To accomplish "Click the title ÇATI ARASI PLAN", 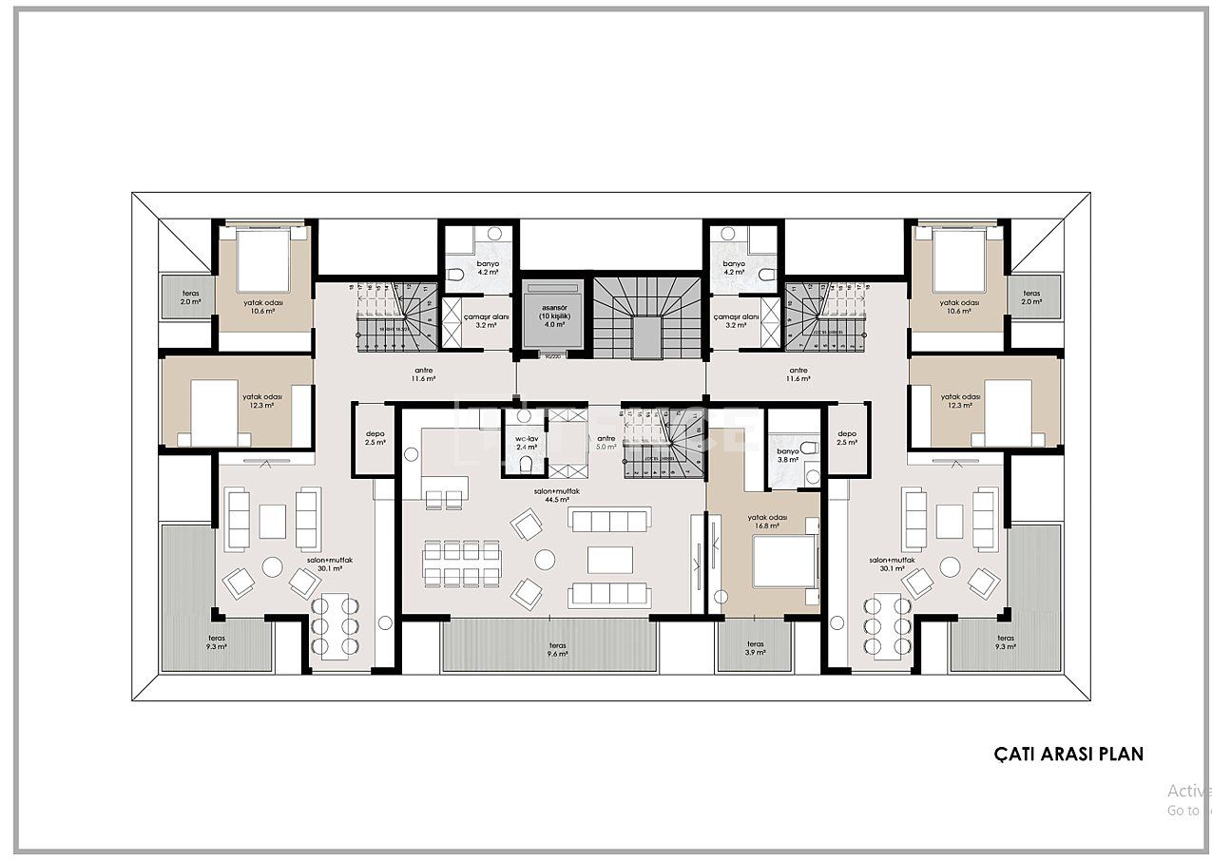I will pos(1068,754).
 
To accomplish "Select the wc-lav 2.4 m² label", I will pos(527,442).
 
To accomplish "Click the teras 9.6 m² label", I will pos(550,649).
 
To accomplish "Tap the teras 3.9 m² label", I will pos(755,649).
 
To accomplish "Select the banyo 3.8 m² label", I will pos(788,455).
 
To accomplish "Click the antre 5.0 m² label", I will pos(606,442).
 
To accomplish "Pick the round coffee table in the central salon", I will pos(545,560).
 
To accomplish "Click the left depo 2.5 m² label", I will pos(375,438).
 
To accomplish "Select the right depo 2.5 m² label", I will pos(846,438).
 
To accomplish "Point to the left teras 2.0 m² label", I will pos(190,297).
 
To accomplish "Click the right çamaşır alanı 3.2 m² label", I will pos(736,320).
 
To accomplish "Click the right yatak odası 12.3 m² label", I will pos(960,401).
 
